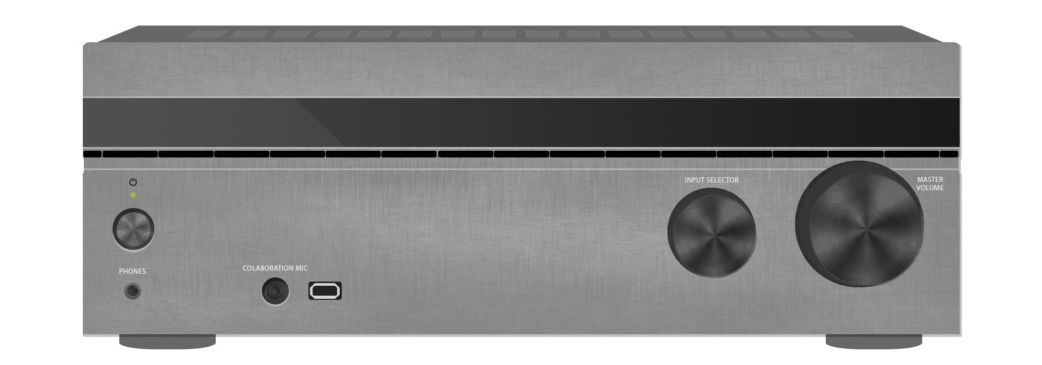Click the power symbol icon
(133, 182)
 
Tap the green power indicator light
(133, 195)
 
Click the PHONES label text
(132, 271)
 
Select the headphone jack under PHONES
(133, 291)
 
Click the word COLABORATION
(268, 268)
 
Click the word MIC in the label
(302, 268)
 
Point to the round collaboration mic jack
(275, 291)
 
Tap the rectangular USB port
(325, 290)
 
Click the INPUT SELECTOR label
(712, 180)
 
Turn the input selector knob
(712, 233)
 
